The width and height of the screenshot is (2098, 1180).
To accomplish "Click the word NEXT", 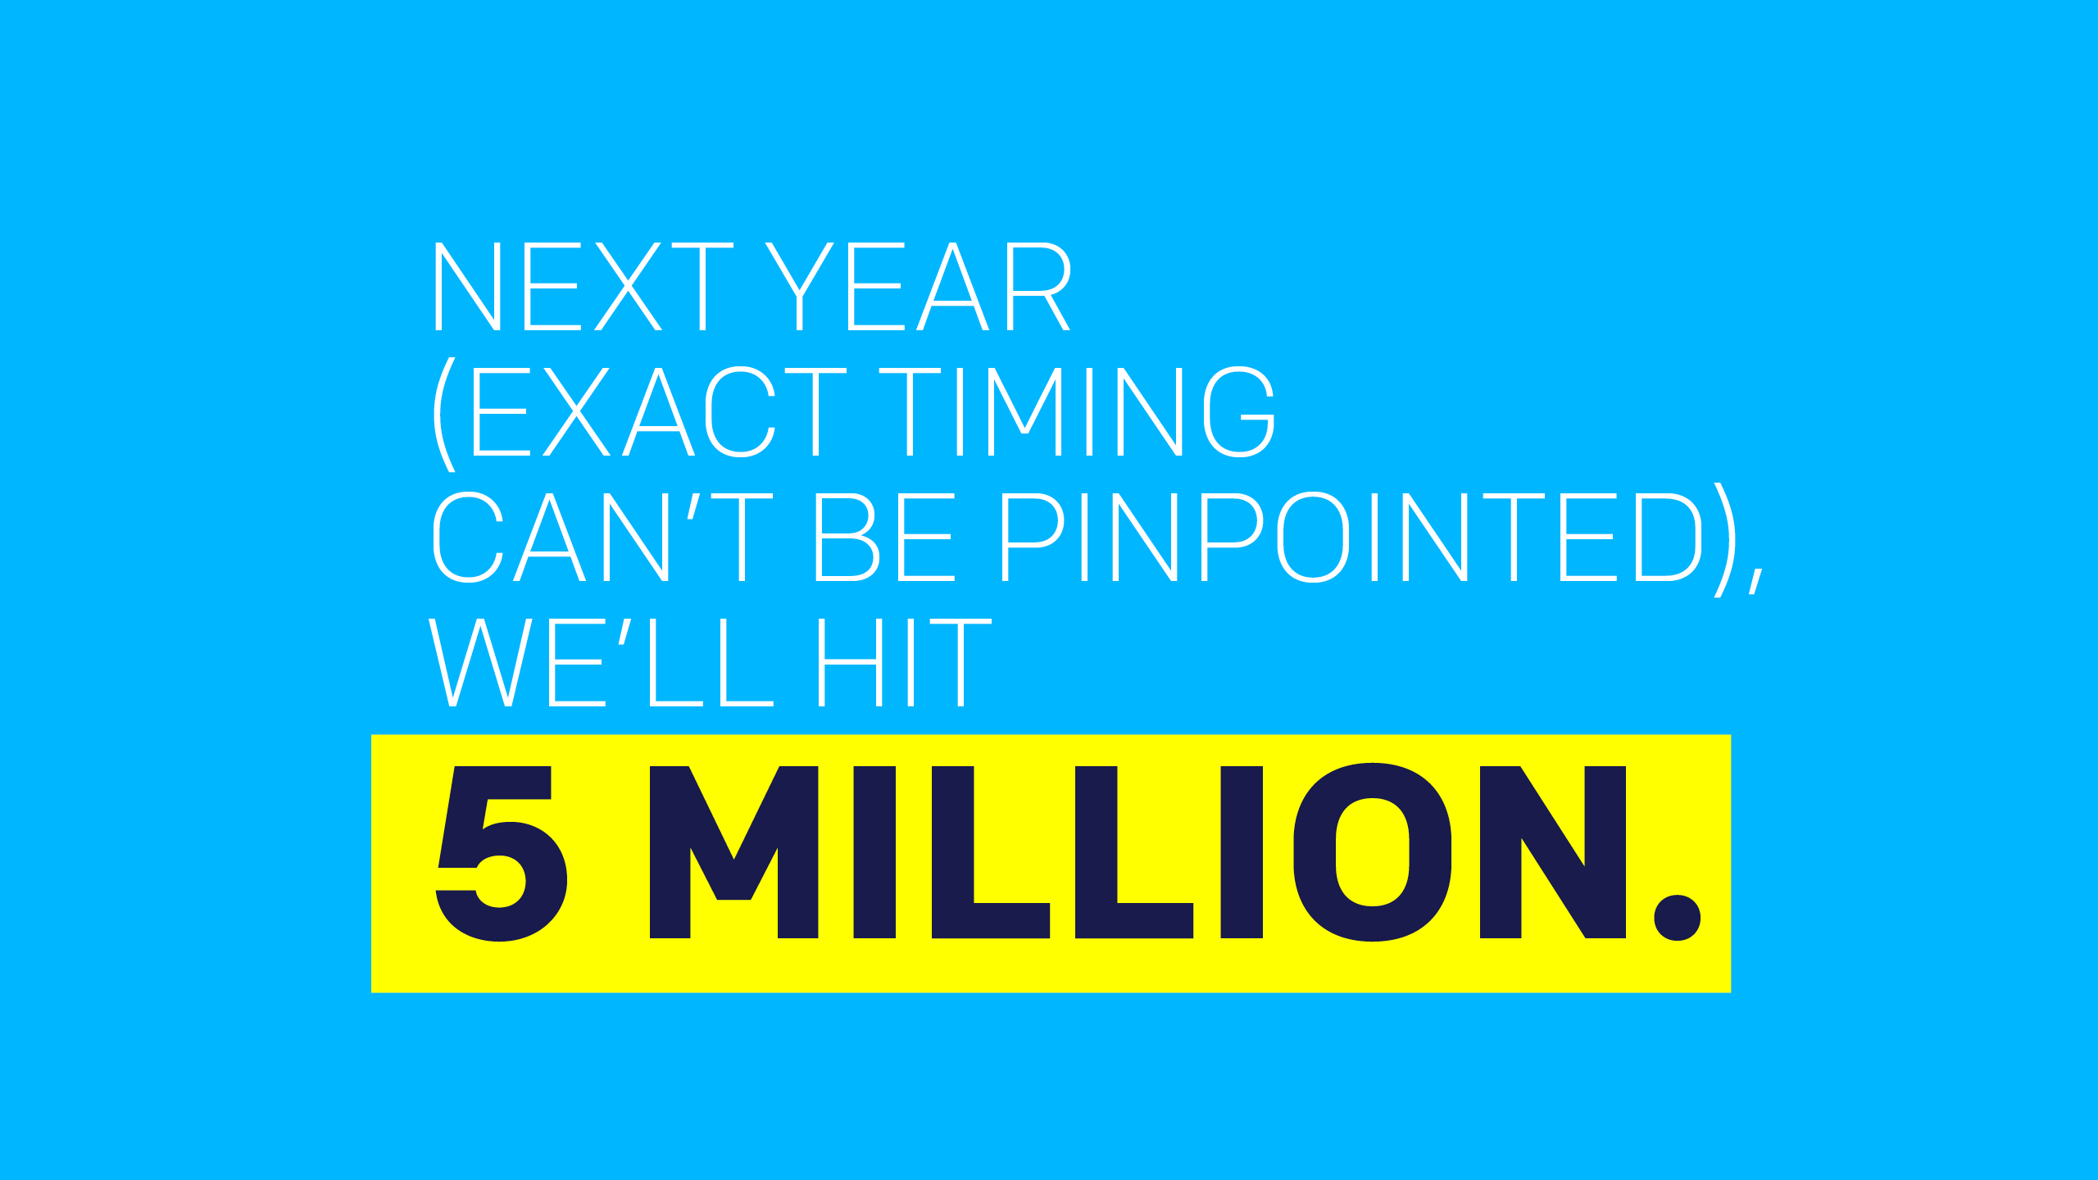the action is point(584,287).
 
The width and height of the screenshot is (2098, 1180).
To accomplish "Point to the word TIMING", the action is point(1077,411).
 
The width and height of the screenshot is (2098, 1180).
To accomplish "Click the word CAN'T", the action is point(603,538).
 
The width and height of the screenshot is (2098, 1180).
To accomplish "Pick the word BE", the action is point(885,538).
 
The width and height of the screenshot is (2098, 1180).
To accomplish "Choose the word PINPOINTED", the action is point(1352,538).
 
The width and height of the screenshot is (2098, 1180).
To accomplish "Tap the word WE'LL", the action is point(602,663).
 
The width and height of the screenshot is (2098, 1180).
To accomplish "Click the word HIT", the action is point(905,663).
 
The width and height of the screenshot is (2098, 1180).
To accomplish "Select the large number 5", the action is point(502,853).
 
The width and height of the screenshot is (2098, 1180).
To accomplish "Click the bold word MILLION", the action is point(1138,852).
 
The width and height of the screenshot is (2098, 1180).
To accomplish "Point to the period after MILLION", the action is point(1678,917).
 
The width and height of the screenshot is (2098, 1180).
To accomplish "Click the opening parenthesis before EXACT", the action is point(444,415).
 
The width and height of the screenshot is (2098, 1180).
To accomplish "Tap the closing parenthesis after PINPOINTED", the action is point(1725,541).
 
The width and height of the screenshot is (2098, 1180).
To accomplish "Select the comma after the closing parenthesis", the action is point(1756,580).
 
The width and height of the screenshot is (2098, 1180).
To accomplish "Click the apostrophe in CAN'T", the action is point(693,506).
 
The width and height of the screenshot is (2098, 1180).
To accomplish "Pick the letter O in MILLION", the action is point(1373,852).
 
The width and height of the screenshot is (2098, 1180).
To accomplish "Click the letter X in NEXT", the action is point(628,287).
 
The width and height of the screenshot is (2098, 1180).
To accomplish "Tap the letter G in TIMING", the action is point(1239,411).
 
